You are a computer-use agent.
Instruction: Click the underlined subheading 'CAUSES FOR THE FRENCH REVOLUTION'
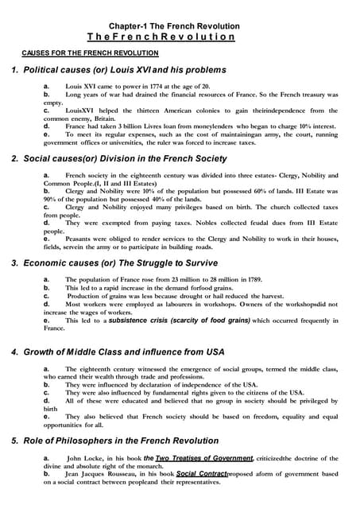coord(88,52)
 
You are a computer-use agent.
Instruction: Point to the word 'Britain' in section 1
coord(107,118)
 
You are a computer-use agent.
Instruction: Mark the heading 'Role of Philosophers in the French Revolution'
coord(118,441)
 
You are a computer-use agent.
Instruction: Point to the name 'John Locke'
coord(85,459)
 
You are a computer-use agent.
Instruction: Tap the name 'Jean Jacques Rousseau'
coord(103,474)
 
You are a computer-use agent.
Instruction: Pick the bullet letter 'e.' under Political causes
coord(47,134)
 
